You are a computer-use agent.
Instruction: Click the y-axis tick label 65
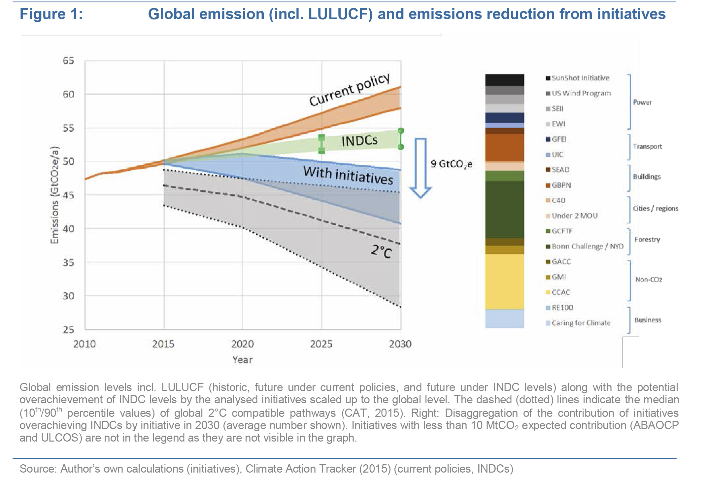68,61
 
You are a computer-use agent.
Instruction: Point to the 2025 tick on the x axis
321,344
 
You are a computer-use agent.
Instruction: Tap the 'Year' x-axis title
242,360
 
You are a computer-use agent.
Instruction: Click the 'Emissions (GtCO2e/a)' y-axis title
54,195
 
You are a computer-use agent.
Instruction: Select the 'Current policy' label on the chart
349,90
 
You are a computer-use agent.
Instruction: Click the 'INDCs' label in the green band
359,141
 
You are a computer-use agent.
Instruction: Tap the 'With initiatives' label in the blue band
348,176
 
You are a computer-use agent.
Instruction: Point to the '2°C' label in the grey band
381,251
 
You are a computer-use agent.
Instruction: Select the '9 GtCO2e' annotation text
451,164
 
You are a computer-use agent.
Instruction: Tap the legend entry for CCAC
560,292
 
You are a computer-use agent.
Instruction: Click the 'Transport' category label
647,147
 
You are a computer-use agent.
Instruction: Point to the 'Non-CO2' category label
649,280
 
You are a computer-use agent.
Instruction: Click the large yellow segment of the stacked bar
504,281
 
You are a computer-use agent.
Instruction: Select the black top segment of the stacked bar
504,80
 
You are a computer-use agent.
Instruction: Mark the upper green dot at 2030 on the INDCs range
401,131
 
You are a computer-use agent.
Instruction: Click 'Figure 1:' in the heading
51,14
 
